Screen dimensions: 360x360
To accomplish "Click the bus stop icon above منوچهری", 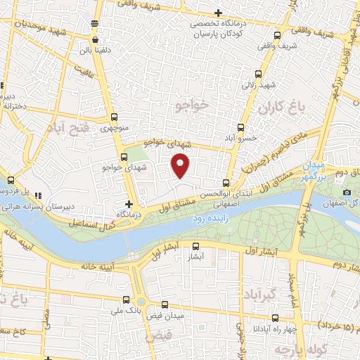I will pos(115,118).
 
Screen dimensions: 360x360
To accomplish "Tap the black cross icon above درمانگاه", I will pos(128,202).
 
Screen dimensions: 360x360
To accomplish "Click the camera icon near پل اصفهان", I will pos(346,193).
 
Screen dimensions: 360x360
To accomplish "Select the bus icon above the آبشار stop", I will pos(195,246).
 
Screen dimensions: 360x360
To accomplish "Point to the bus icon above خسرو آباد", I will pos(240,127).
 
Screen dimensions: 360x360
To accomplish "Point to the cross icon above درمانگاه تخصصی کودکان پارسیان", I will pos(219,13).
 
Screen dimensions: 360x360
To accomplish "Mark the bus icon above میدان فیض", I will pos(164,305).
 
